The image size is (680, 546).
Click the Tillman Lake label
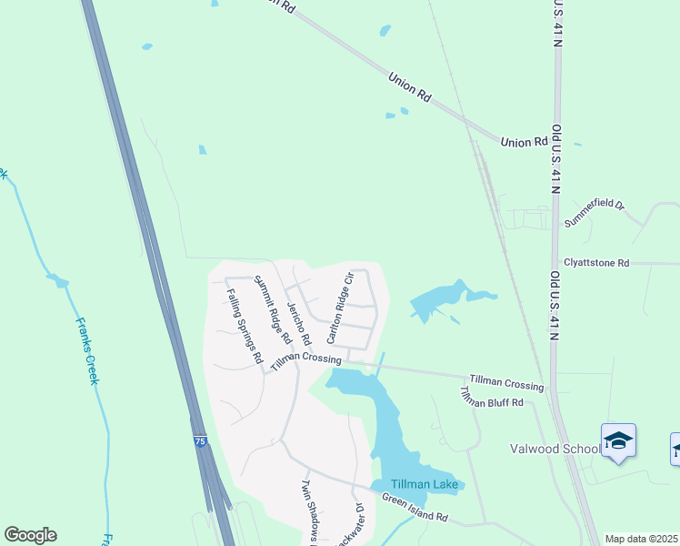[425, 484]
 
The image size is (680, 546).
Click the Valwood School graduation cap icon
[618, 441]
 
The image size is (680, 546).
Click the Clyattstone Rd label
[596, 263]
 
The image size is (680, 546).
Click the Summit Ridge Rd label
[272, 308]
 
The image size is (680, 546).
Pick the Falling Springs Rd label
[245, 326]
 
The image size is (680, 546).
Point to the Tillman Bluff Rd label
[492, 398]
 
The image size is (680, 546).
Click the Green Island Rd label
[415, 508]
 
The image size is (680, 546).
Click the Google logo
[31, 535]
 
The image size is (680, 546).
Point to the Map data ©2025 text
[641, 539]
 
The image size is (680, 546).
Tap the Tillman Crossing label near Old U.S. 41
[506, 381]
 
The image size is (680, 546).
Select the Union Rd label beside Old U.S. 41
[524, 142]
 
